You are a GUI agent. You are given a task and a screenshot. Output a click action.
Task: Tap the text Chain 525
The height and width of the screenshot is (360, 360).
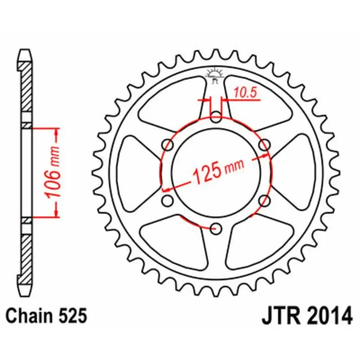pos(46,316)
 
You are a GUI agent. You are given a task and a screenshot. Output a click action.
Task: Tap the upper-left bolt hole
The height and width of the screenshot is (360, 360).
pos(168,145)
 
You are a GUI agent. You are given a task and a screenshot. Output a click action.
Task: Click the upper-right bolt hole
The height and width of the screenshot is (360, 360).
pos(265,145)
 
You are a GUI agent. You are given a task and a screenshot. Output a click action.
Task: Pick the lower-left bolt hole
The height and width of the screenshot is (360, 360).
pos(168,201)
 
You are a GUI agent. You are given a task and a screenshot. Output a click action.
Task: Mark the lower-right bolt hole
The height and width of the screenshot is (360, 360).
pos(265,201)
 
